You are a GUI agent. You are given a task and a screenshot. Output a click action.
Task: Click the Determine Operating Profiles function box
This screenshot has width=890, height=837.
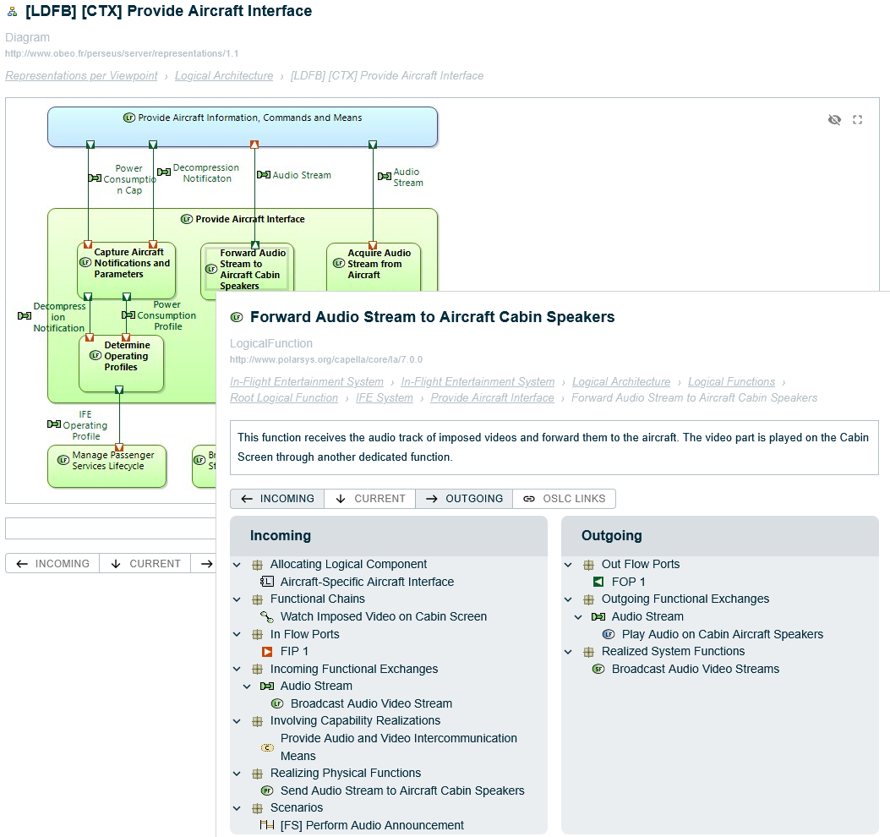(122, 363)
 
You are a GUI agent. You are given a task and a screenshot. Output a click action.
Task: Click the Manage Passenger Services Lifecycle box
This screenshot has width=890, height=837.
(107, 467)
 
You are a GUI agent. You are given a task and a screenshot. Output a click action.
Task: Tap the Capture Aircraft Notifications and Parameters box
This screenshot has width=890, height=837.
(127, 270)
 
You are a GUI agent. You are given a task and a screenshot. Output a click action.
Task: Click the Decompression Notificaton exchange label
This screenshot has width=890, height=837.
(205, 173)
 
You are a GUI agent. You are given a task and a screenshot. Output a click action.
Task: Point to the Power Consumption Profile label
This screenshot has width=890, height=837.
(167, 315)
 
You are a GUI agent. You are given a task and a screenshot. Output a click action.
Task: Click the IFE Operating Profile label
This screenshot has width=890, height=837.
(85, 425)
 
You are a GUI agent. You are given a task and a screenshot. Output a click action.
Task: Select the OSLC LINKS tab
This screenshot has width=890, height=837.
(565, 499)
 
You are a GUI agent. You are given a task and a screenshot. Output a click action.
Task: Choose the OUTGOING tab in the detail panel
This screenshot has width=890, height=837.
(464, 499)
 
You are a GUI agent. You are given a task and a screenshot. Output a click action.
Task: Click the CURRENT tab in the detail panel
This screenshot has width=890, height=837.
(370, 499)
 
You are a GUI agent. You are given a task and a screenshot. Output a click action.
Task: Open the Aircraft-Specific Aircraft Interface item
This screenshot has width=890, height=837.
(367, 582)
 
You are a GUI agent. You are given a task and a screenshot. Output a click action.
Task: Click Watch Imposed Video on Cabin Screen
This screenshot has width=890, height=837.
(383, 616)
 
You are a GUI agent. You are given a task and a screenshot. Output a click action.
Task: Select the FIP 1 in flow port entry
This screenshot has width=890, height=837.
(294, 651)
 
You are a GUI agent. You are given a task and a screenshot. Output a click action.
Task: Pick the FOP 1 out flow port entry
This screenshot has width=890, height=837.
(628, 582)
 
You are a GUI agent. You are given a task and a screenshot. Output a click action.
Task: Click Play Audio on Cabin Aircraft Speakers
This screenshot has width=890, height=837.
(722, 634)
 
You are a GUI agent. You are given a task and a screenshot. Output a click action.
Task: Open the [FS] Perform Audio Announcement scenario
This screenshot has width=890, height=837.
(372, 825)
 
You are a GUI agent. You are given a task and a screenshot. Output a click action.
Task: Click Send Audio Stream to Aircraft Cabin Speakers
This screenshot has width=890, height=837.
(402, 790)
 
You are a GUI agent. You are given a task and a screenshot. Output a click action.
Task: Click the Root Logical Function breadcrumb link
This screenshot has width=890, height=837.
(284, 397)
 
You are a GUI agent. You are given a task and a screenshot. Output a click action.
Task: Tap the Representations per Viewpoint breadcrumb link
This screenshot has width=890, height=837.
(81, 75)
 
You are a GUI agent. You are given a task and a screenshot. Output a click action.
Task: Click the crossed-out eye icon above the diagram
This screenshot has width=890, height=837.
(834, 120)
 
